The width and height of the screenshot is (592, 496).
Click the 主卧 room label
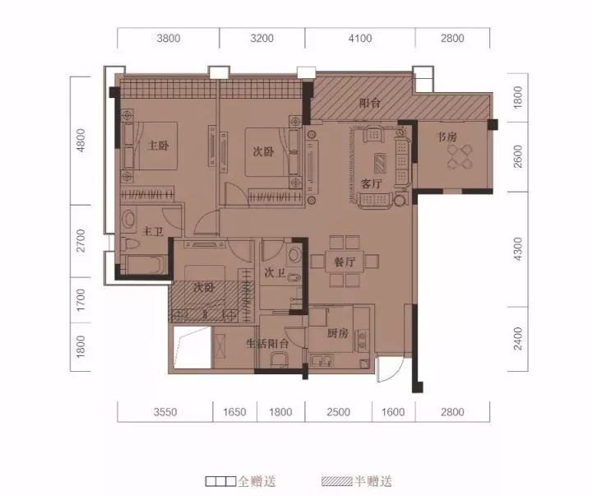click(x=158, y=146)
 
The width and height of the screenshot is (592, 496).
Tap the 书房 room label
click(x=447, y=137)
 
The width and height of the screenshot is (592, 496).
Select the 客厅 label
click(x=372, y=184)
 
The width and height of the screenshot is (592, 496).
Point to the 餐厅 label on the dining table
click(x=345, y=262)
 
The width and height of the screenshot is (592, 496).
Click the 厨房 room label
click(x=338, y=333)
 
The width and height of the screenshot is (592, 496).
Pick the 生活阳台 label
click(x=267, y=343)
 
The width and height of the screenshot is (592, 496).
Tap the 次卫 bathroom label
click(x=275, y=272)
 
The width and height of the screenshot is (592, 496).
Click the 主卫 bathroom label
click(x=153, y=231)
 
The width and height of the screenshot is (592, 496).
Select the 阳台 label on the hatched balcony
click(x=370, y=103)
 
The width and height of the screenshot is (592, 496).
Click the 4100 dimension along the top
click(x=360, y=38)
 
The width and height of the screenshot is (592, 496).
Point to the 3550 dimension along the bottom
click(x=165, y=412)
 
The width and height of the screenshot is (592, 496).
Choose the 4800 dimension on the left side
click(x=81, y=141)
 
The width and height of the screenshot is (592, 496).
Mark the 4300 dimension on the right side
click(x=518, y=249)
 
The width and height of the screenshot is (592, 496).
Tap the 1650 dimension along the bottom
click(x=234, y=412)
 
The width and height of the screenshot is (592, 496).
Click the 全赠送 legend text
click(x=257, y=481)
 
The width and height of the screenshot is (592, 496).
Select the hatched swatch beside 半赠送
click(x=337, y=481)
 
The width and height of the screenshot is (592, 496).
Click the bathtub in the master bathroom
click(x=146, y=265)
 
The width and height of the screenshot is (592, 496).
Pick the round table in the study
click(x=460, y=157)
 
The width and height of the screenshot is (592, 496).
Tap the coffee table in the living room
click(x=380, y=162)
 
